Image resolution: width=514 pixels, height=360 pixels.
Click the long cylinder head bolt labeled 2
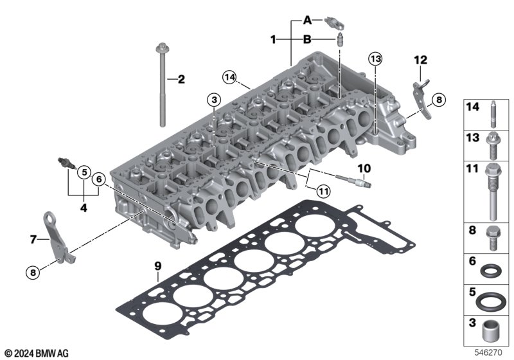(163, 85)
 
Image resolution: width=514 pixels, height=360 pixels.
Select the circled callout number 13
(375, 59)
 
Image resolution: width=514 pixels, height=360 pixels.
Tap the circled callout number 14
(229, 77)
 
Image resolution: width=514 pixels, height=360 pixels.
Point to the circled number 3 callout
(214, 100)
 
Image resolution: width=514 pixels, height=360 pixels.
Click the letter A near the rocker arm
(307, 21)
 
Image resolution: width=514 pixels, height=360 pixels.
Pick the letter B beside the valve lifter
(307, 39)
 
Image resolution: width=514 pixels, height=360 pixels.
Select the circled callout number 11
(324, 191)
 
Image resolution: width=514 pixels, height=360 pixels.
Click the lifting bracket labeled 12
(422, 98)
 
